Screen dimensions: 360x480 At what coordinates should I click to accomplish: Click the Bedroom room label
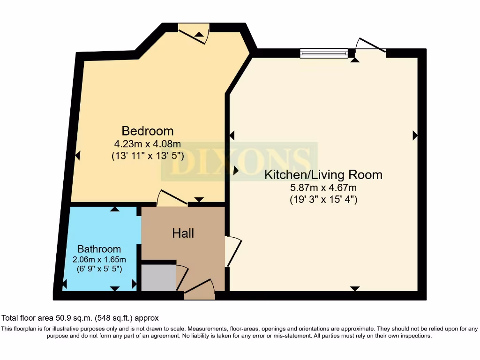(148, 131)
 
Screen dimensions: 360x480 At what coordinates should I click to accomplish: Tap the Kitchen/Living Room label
(323, 175)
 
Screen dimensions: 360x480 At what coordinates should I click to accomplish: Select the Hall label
(183, 233)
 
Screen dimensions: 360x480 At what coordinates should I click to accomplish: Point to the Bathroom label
(99, 249)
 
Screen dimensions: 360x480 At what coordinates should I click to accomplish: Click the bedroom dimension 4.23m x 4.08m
(148, 144)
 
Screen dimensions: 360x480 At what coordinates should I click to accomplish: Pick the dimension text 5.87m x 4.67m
(323, 188)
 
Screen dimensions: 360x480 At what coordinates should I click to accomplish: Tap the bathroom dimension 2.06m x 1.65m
(99, 259)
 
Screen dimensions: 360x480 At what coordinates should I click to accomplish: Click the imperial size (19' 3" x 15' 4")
(323, 199)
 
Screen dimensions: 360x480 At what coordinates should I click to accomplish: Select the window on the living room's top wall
(324, 53)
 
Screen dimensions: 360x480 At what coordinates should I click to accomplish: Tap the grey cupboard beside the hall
(158, 278)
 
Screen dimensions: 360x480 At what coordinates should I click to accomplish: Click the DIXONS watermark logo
(239, 162)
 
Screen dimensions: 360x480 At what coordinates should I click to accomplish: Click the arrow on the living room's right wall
(415, 135)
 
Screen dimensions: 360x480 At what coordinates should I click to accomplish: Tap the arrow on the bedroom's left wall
(77, 155)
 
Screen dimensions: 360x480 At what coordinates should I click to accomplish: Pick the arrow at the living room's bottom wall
(355, 288)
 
